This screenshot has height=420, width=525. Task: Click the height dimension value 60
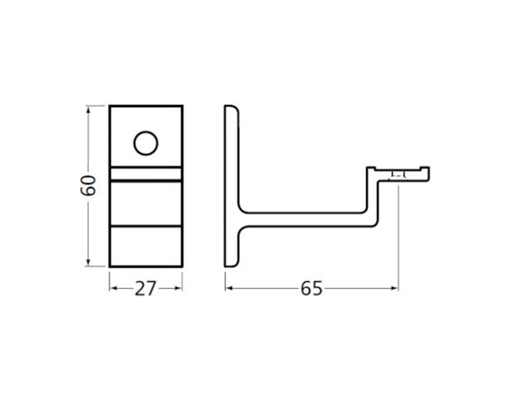[88, 185]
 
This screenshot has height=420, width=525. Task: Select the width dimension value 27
[145, 289]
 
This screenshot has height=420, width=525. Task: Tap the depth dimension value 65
[311, 289]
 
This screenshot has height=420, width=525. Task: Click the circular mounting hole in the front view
[145, 142]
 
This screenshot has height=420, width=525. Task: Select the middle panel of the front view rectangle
[145, 201]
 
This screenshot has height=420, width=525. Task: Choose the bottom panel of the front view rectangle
[145, 245]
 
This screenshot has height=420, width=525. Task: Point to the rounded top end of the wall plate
[231, 110]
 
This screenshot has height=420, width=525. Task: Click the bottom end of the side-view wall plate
[231, 262]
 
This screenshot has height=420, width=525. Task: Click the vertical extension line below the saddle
[398, 235]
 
